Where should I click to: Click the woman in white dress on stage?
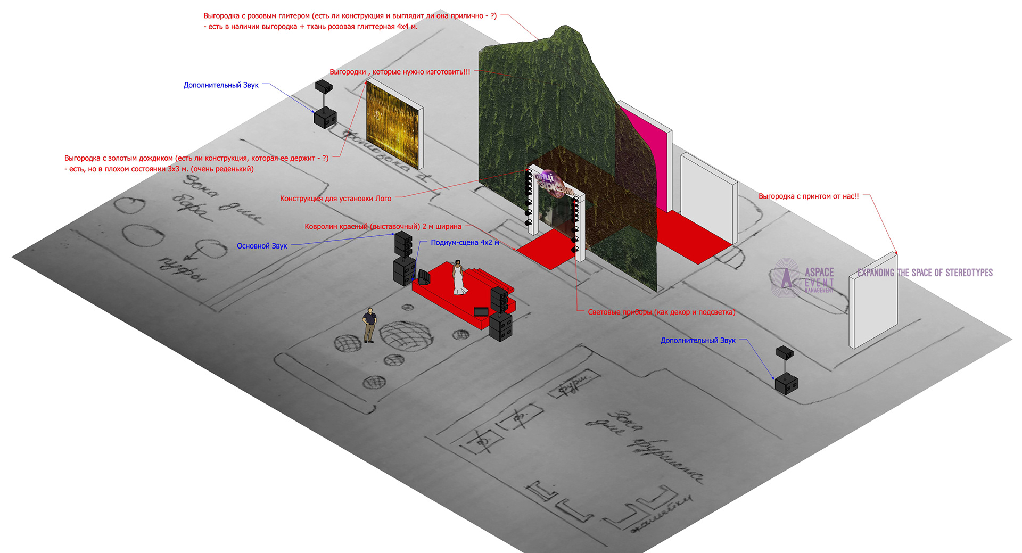point(458,277)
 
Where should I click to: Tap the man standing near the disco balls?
point(369,325)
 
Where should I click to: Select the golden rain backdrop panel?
point(394,123)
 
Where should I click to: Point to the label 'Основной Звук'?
point(262,246)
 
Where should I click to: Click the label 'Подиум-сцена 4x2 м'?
point(465,242)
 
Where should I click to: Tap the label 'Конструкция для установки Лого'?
point(335,199)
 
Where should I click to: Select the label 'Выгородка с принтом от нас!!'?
point(808,196)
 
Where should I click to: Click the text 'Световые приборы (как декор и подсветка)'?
point(661,312)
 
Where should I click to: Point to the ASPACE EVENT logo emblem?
point(787,277)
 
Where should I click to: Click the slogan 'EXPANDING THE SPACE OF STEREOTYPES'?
point(925,273)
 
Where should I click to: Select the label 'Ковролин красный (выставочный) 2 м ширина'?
point(383,227)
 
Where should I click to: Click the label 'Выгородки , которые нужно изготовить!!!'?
point(400,72)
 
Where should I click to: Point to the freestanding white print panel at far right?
point(873,301)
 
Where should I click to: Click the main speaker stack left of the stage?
point(404,258)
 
